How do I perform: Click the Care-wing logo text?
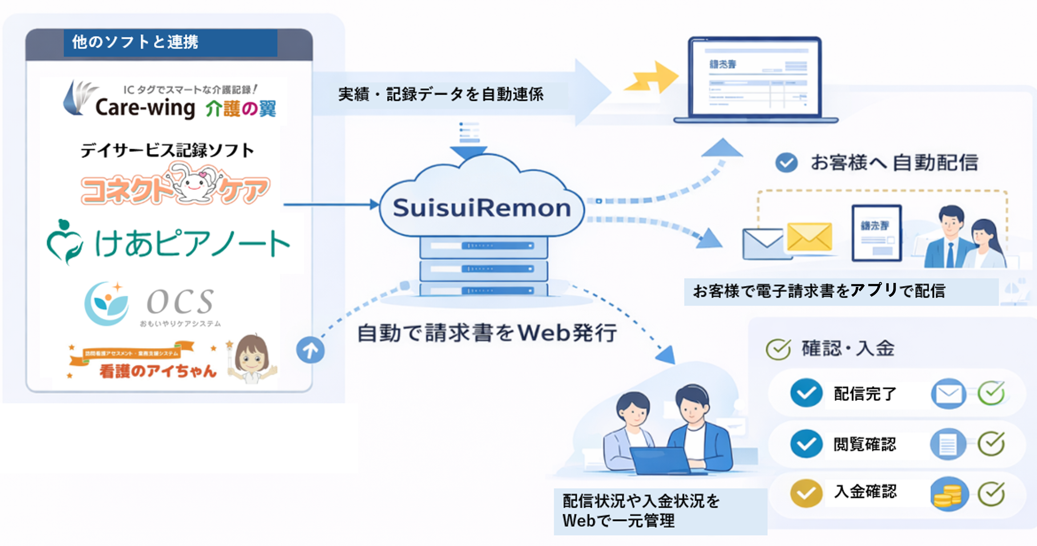pos(145,108)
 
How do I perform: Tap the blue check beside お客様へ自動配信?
pos(786,163)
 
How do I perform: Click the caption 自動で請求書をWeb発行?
pos(487,333)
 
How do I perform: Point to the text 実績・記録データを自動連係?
pos(441,94)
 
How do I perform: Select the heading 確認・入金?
pos(848,348)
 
